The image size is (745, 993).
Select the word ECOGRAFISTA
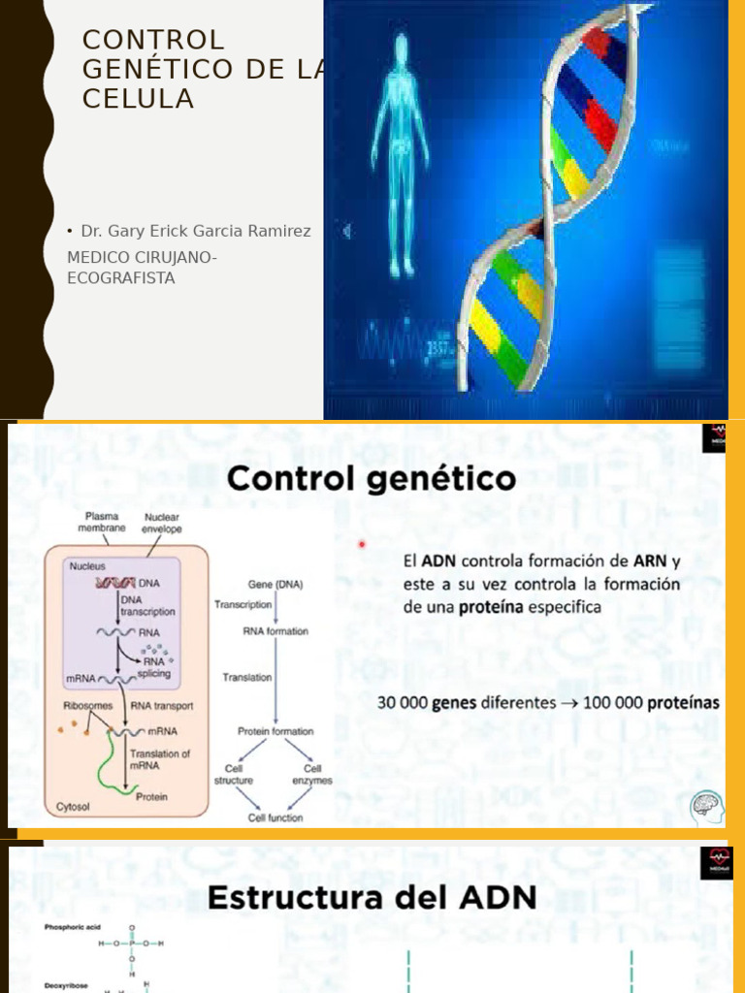pyautogui.click(x=121, y=278)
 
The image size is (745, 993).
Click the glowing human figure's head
pyautogui.click(x=400, y=48)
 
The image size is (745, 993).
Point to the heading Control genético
pyautogui.click(x=372, y=479)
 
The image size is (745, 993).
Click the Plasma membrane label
pyautogui.click(x=102, y=523)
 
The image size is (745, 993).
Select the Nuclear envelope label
pyautogui.click(x=162, y=524)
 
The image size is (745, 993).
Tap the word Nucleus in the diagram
pyautogui.click(x=87, y=565)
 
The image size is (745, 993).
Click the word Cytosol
pyautogui.click(x=73, y=805)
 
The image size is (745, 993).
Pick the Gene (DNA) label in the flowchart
pyautogui.click(x=275, y=585)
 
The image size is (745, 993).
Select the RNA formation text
pyautogui.click(x=275, y=631)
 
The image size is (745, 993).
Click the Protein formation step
pyautogui.click(x=275, y=731)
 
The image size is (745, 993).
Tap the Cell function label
pyautogui.click(x=275, y=817)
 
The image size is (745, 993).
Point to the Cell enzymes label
pyautogui.click(x=312, y=775)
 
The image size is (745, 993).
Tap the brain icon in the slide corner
pyautogui.click(x=706, y=807)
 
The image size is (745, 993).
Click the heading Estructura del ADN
pyautogui.click(x=372, y=897)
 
